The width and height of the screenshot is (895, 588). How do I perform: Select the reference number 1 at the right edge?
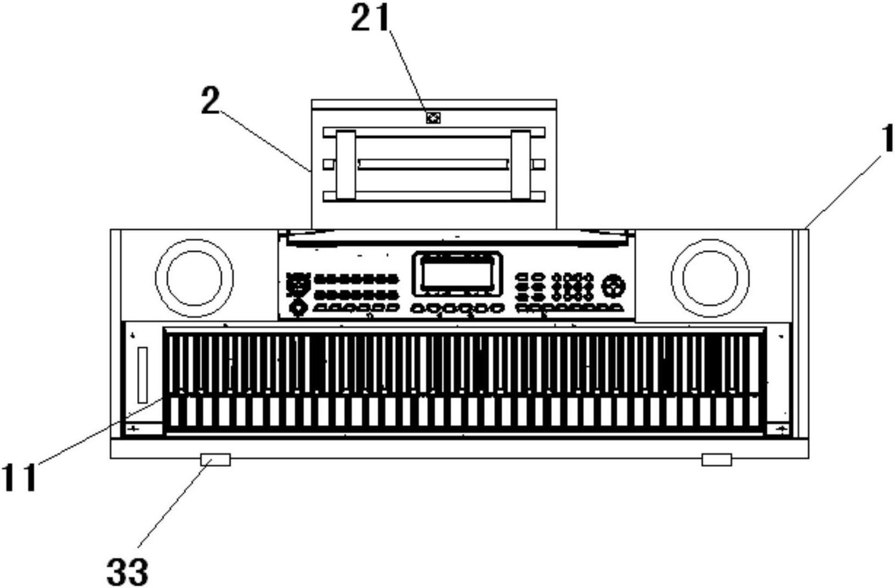pyautogui.click(x=887, y=138)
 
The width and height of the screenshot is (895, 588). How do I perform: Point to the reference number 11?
pyautogui.click(x=19, y=477)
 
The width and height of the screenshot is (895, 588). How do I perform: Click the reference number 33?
pyautogui.click(x=127, y=572)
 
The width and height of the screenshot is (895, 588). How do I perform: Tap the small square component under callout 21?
pyautogui.click(x=433, y=118)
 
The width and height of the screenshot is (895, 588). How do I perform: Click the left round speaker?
pyautogui.click(x=194, y=278)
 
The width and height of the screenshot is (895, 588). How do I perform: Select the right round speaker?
pyautogui.click(x=710, y=278)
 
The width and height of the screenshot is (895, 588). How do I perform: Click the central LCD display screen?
pyautogui.click(x=457, y=274)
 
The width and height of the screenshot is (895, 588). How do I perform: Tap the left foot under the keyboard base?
pyautogui.click(x=216, y=460)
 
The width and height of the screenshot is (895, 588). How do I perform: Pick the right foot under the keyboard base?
pyautogui.click(x=717, y=460)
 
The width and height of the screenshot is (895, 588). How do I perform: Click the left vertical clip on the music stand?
pyautogui.click(x=346, y=165)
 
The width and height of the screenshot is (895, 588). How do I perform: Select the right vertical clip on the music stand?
pyautogui.click(x=522, y=165)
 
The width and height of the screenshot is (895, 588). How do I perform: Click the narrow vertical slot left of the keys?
pyautogui.click(x=143, y=375)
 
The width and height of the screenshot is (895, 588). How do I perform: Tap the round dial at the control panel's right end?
pyautogui.click(x=615, y=287)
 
